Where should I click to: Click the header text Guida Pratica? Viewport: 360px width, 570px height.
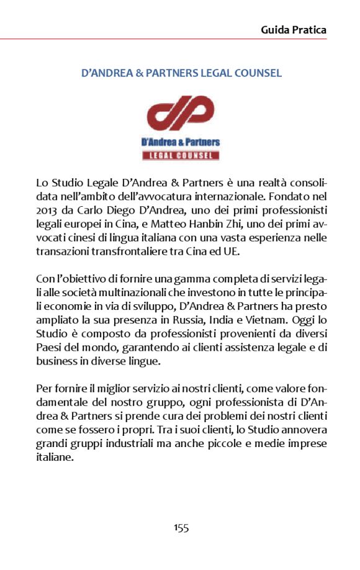click(x=294, y=30)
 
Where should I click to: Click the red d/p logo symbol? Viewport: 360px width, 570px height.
click(x=181, y=114)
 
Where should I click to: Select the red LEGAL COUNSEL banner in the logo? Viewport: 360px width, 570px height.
click(x=181, y=155)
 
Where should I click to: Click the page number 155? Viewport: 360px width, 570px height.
click(x=181, y=528)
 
